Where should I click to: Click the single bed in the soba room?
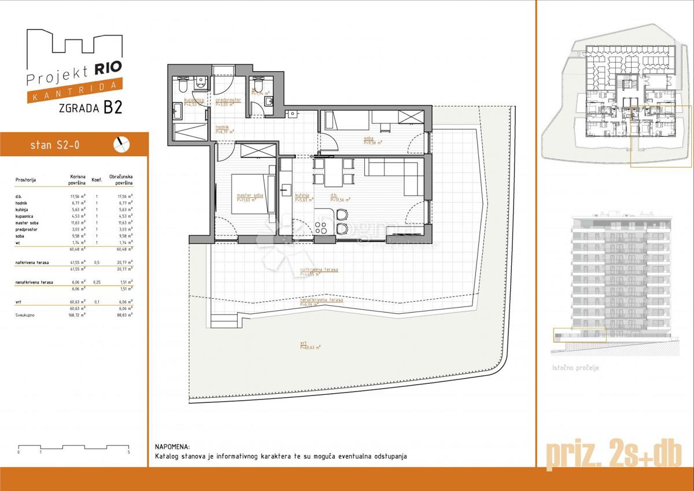click(x=346, y=121)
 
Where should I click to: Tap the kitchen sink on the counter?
click(x=285, y=190)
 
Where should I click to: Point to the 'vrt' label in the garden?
click(x=303, y=343)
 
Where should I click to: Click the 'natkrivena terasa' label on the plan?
click(x=319, y=270)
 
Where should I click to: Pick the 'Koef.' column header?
click(x=97, y=180)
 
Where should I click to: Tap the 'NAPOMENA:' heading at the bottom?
click(x=172, y=447)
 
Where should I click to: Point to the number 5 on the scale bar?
click(x=128, y=452)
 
